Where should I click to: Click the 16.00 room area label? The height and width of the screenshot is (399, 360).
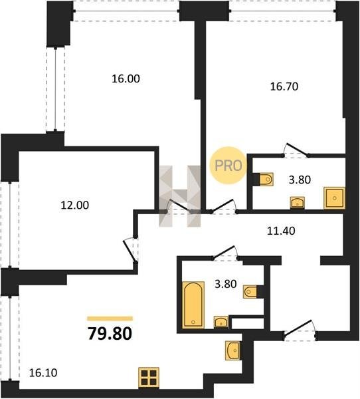(126, 78)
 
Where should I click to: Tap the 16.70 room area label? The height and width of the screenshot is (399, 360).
(284, 86)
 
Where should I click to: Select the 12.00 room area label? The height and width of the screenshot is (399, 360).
(75, 205)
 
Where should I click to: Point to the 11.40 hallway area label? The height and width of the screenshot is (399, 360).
(281, 231)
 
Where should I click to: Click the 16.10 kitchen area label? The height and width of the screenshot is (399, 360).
(43, 373)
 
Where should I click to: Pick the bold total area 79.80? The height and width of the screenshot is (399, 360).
(110, 334)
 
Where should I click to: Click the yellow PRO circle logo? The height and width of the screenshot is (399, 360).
(228, 166)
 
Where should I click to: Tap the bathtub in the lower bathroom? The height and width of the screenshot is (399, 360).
(193, 305)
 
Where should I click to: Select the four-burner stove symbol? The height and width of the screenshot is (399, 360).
(149, 378)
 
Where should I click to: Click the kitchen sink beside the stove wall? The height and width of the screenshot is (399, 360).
(232, 350)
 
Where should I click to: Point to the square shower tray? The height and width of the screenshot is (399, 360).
(334, 198)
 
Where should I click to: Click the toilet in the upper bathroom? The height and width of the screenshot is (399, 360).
(266, 180)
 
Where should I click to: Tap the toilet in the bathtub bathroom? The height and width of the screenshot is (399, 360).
(250, 292)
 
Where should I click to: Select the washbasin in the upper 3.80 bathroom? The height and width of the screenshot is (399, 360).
(298, 203)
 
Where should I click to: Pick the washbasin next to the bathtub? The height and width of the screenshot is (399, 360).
(221, 322)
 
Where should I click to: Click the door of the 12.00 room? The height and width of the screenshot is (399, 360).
(130, 251)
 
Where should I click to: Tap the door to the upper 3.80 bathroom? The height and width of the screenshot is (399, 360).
(296, 150)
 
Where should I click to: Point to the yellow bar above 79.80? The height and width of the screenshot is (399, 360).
(110, 319)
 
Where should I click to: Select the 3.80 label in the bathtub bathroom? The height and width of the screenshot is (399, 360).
(226, 284)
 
